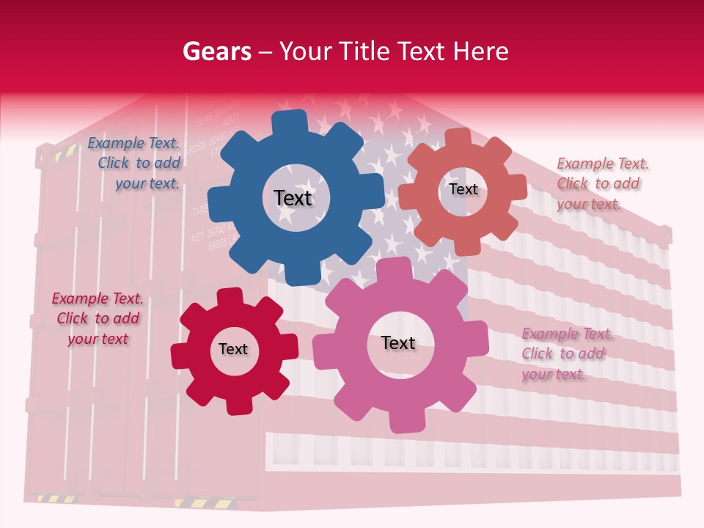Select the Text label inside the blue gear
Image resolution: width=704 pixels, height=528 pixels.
click(293, 198)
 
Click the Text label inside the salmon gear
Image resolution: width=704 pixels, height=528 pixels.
click(463, 189)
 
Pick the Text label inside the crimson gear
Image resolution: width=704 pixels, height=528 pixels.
click(233, 349)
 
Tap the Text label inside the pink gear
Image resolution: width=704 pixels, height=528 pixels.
click(398, 342)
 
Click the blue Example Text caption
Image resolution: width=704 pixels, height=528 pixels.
click(134, 164)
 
